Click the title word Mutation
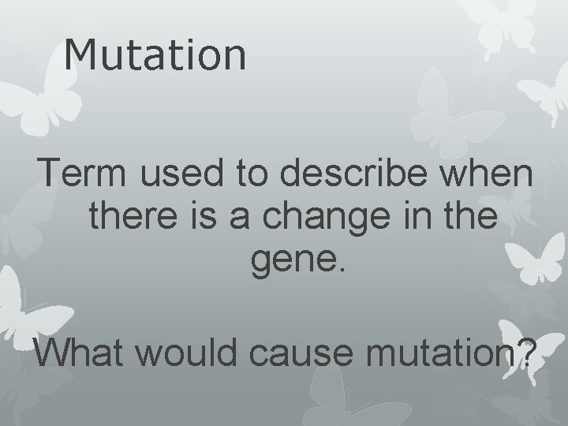(155, 55)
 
